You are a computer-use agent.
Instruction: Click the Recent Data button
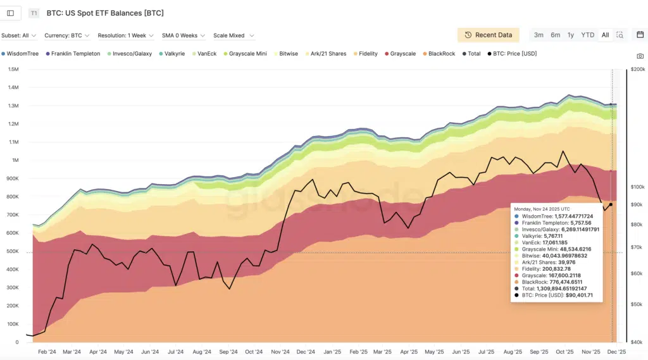(488, 35)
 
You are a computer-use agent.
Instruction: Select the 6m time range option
(555, 35)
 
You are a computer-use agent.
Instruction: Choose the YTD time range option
(588, 35)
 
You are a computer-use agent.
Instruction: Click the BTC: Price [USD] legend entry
(514, 54)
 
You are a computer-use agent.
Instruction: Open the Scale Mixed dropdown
(234, 35)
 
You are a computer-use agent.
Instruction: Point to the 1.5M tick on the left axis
(13, 70)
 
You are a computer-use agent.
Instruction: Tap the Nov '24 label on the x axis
(280, 352)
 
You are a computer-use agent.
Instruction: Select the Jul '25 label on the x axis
(487, 352)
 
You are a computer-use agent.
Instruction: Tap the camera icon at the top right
(640, 56)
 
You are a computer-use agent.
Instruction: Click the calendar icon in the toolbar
(640, 35)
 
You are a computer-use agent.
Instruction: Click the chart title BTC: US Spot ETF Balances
(106, 13)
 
